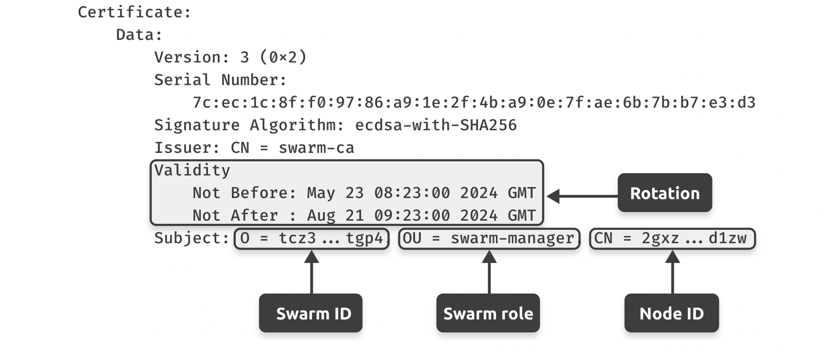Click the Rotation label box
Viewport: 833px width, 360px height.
665,193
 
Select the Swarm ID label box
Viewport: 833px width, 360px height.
311,313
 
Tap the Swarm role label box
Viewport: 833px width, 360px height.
488,313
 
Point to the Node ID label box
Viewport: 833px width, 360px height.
672,313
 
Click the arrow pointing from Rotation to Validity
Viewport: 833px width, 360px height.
583,196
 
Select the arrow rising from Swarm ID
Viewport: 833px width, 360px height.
312,272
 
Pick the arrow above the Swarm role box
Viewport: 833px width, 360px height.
489,272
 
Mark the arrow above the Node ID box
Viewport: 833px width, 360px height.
673,272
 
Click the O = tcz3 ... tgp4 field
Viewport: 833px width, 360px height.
311,238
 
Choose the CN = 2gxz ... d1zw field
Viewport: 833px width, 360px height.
672,238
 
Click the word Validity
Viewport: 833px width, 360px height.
192,171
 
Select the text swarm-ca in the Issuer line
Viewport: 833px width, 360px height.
316,148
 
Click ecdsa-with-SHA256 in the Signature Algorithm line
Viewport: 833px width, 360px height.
436,125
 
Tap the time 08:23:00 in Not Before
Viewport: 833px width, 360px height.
412,193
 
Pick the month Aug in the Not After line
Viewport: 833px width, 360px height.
321,216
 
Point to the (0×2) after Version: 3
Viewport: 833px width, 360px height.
283,57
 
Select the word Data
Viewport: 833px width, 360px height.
135,35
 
